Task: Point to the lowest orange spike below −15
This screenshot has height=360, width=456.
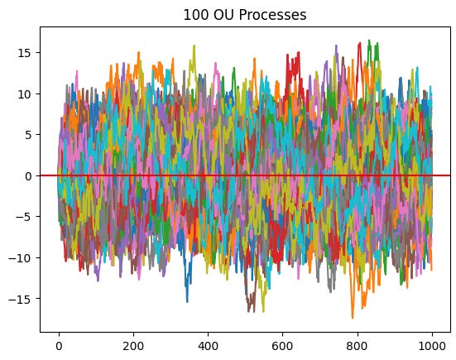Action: [x=353, y=318]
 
